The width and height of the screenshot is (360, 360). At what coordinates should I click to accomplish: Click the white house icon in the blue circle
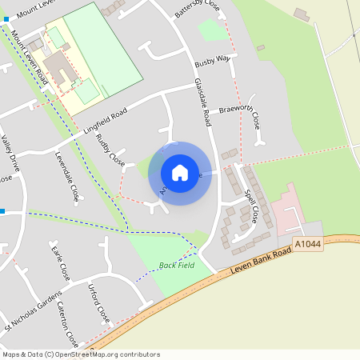point(179,172)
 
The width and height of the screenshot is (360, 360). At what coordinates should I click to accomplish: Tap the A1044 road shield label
point(307,243)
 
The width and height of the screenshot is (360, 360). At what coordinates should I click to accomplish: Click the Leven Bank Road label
point(259,263)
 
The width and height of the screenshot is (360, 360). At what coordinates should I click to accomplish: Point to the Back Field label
point(176,265)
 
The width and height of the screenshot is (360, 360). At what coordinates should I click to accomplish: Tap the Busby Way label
point(212,59)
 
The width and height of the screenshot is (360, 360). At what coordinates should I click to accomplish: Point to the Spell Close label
point(250,206)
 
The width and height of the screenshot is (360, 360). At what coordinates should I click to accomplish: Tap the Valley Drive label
point(10,152)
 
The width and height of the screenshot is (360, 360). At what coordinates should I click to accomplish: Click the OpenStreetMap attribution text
point(80,354)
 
